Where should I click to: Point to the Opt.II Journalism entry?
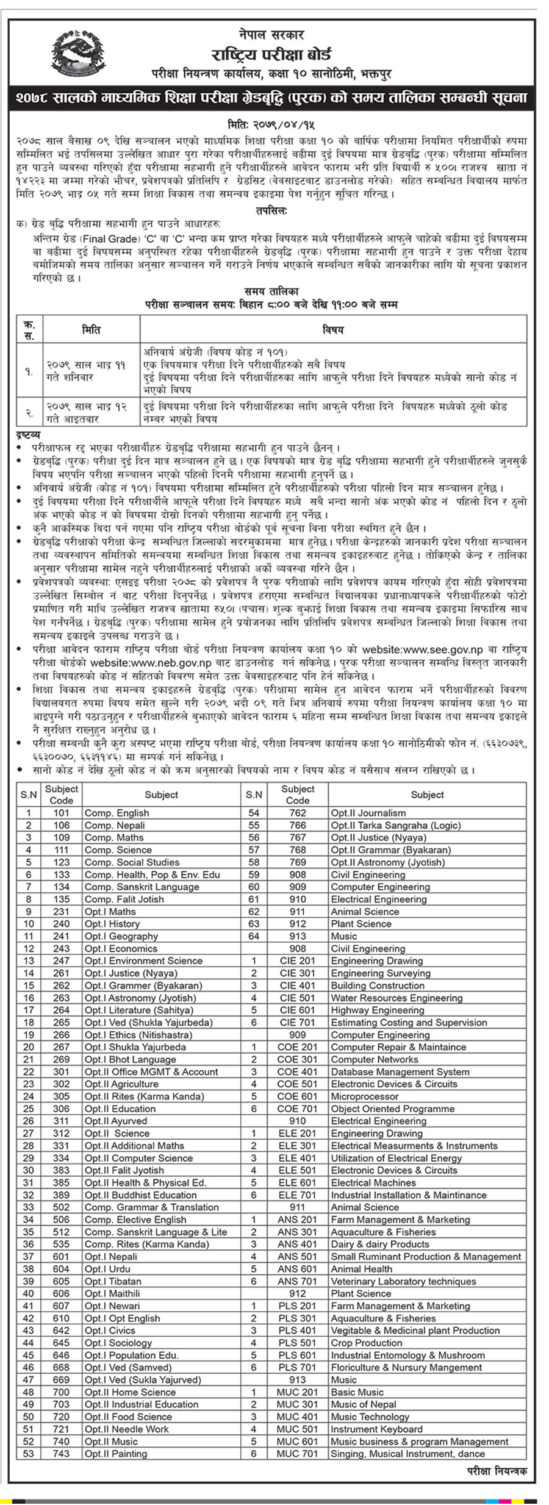(x=368, y=813)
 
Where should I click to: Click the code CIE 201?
(x=297, y=960)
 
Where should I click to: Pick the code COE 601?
(x=297, y=1096)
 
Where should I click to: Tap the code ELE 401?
(x=297, y=1158)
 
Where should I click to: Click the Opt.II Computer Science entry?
(x=138, y=1158)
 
